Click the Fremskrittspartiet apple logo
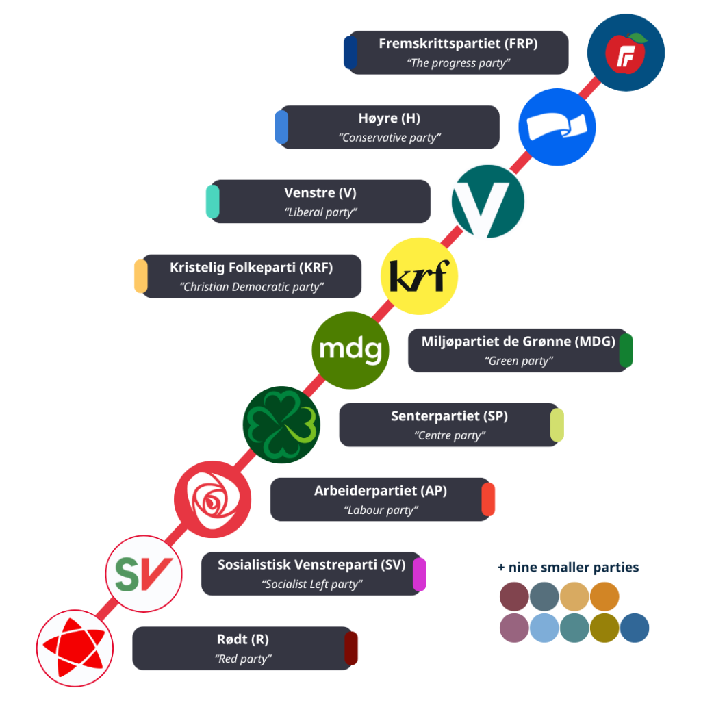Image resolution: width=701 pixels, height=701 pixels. point(626,52)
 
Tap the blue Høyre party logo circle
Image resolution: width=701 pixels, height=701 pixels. point(556,127)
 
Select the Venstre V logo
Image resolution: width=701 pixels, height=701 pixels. point(488,201)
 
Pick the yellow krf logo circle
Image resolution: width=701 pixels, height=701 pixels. point(419,275)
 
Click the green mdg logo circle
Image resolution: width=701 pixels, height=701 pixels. point(350,350)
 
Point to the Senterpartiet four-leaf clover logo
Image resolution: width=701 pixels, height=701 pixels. point(281,424)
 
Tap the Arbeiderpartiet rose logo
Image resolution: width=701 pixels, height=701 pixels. point(212,499)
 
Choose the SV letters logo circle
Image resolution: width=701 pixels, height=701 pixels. point(144,574)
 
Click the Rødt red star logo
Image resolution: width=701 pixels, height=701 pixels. point(75,648)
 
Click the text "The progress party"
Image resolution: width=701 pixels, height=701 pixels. point(458,63)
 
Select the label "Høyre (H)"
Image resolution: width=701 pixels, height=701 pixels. point(390,118)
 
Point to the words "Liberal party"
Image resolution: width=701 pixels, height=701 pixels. point(320,212)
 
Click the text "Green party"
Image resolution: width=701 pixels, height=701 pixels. point(518,361)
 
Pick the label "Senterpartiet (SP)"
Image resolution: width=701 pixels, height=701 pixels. point(449,416)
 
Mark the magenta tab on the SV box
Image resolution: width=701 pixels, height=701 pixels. point(420,574)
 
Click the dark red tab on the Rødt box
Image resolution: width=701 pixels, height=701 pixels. point(351,648)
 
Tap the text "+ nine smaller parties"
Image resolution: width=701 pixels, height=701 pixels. point(568,568)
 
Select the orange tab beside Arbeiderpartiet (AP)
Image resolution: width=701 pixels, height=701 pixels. point(488,499)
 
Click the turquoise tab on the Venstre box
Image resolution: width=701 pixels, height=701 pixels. point(213,201)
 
